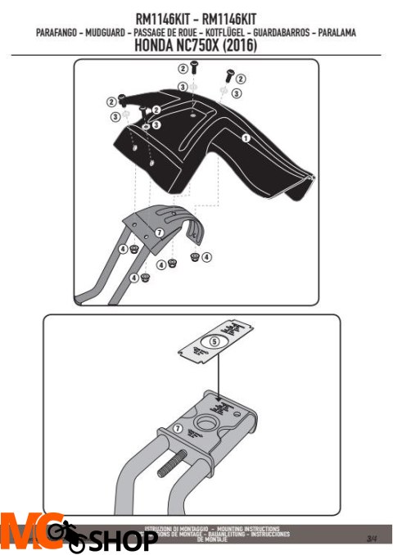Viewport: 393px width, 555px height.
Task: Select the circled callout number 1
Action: coord(245,139)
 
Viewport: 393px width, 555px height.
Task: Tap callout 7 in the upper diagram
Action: coord(159,232)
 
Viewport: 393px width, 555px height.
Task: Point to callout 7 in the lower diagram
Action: coord(178,429)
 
